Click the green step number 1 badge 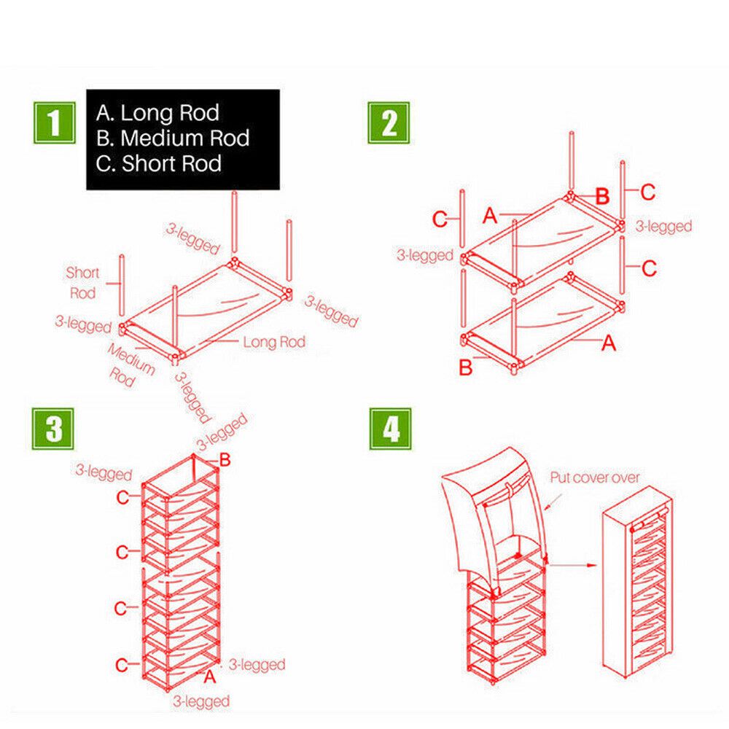click(x=55, y=122)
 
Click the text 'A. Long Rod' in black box click(x=157, y=113)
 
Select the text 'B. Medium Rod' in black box click(x=173, y=138)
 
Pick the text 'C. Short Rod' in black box click(x=159, y=163)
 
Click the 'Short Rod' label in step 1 click(x=82, y=282)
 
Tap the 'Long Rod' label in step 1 click(x=273, y=341)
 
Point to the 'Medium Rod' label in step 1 click(x=131, y=364)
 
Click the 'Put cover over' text click(x=594, y=477)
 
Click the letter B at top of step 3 click(x=225, y=460)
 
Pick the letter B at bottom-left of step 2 click(x=466, y=367)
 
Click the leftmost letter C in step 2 click(x=440, y=219)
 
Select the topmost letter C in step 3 click(x=122, y=499)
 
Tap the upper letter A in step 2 click(x=490, y=216)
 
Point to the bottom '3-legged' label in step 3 click(x=201, y=701)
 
